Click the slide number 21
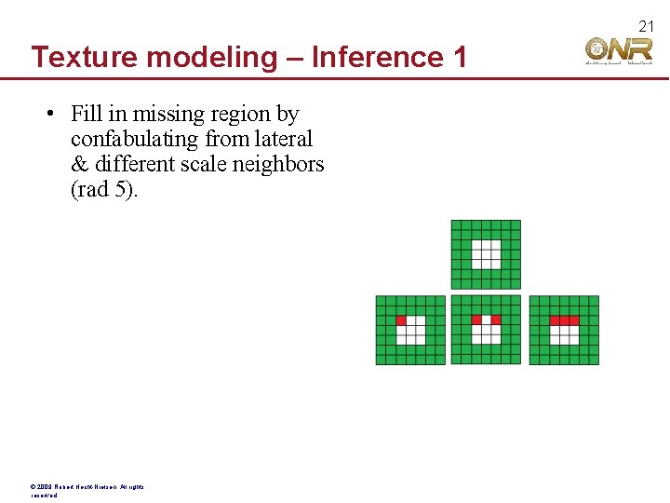click(x=648, y=26)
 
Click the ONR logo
click(x=619, y=50)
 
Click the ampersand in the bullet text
click(x=78, y=165)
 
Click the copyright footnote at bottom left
click(x=88, y=490)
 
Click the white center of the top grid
click(x=486, y=254)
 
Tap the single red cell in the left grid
click(x=402, y=319)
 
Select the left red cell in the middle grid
click(x=476, y=319)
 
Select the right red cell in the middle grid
click(x=496, y=319)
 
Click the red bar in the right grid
click(x=564, y=319)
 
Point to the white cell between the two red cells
click(x=486, y=319)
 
